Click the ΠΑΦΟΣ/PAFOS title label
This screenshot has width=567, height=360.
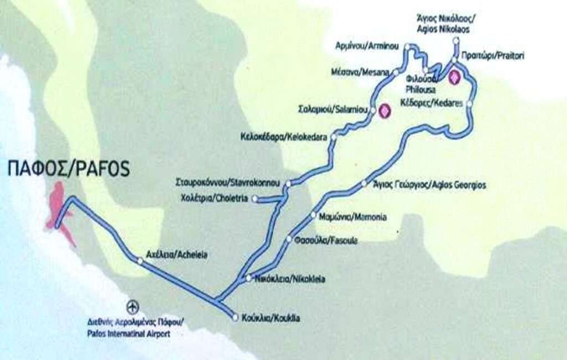pyautogui.click(x=69, y=169)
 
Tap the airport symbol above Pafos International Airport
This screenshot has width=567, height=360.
pyautogui.click(x=132, y=306)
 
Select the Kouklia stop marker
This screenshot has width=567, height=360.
pyautogui.click(x=235, y=318)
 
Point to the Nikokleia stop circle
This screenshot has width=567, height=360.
pyautogui.click(x=249, y=278)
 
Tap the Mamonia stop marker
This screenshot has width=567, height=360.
pyautogui.click(x=313, y=215)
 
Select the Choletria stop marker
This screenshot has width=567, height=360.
pyautogui.click(x=255, y=198)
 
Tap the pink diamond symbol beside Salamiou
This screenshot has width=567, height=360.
pyautogui.click(x=384, y=111)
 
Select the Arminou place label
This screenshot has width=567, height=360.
pyautogui.click(x=367, y=47)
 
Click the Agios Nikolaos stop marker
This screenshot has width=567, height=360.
pyautogui.click(x=456, y=41)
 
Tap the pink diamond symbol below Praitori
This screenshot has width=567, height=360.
pyautogui.click(x=455, y=78)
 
